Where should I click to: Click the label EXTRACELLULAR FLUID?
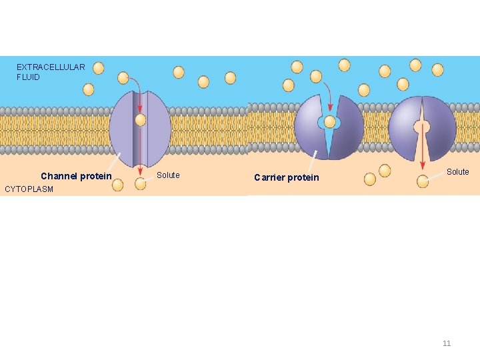(51, 72)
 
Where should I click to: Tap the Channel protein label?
(76, 177)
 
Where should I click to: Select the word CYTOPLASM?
(29, 189)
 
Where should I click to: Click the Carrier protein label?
(287, 177)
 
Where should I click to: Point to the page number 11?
(447, 343)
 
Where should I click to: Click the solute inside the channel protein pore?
(140, 120)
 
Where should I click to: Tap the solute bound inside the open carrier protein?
(329, 122)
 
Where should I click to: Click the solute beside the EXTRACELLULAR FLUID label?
(99, 68)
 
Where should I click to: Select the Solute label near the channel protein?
(168, 175)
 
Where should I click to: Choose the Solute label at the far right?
(457, 172)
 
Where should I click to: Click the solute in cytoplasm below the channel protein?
(140, 183)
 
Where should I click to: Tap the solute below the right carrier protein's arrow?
(423, 181)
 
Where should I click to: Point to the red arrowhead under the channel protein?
(140, 171)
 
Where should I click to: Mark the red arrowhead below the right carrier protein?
(422, 165)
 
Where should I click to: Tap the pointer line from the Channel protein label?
(116, 161)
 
